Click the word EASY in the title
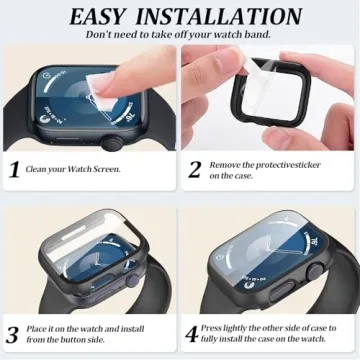click(x=105, y=16)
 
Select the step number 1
click(x=14, y=169)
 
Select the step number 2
click(x=194, y=168)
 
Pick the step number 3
click(x=13, y=335)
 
